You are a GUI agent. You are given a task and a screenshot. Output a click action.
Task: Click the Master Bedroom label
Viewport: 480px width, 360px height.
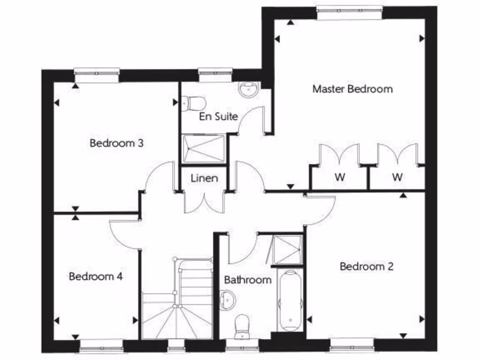click(352, 89)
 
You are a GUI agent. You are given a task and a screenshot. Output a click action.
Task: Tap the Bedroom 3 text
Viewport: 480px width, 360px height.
click(116, 143)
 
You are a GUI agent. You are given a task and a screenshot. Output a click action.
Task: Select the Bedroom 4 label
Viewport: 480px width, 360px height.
click(96, 276)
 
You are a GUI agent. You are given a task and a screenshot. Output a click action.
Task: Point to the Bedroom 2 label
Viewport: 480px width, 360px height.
click(367, 266)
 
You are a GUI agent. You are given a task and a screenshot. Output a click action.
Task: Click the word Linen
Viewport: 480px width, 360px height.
click(204, 178)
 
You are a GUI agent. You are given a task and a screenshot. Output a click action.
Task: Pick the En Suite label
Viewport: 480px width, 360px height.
click(218, 116)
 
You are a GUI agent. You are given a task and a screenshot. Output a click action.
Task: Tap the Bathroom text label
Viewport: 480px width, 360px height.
click(247, 280)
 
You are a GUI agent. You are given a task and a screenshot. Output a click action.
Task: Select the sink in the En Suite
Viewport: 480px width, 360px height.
click(248, 89)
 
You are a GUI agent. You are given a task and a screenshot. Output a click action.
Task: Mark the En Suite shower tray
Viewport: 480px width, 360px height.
click(203, 149)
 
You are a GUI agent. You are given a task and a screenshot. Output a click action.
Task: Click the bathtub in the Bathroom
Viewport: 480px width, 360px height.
click(289, 300)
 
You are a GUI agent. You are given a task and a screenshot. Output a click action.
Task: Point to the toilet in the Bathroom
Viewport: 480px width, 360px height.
click(242, 326)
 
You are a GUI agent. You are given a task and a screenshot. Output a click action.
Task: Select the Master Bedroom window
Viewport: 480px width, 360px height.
click(349, 13)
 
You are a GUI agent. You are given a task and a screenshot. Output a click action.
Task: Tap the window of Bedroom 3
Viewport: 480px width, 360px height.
click(97, 75)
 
